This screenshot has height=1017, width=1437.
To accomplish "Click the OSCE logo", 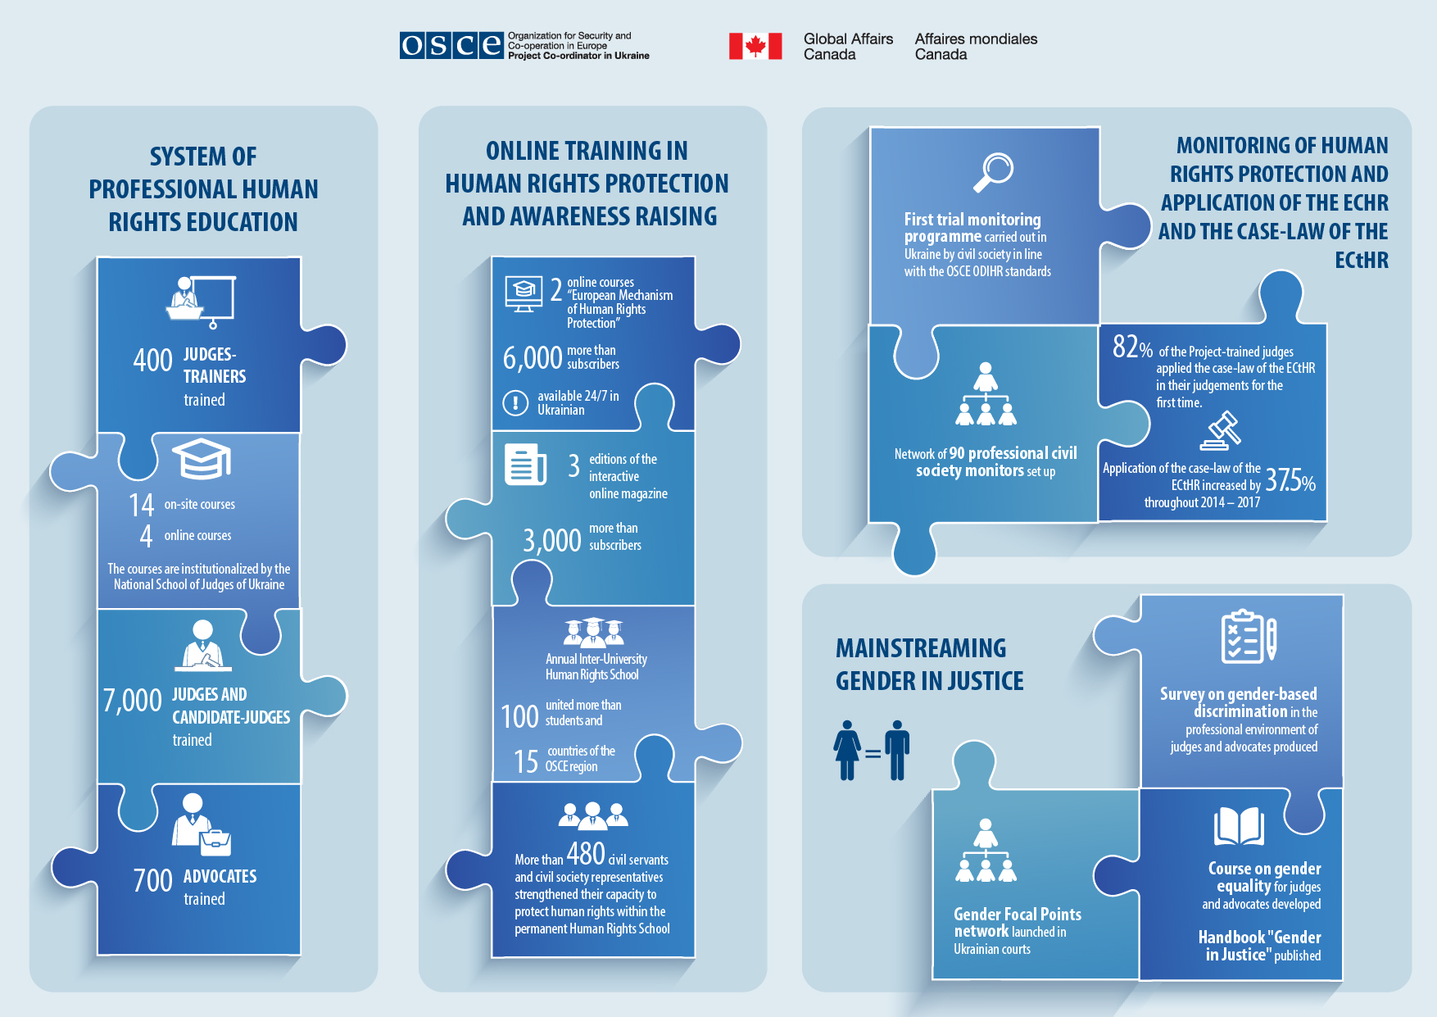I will coord(451,45).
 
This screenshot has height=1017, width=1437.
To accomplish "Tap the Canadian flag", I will coord(755,46).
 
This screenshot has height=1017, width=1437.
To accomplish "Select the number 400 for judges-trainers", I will coord(152,361).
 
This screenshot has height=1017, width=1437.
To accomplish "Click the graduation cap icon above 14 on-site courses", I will coord(201,459).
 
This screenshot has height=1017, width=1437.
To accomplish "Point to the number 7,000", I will coord(133,701).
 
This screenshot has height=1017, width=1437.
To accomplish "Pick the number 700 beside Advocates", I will coord(153,881).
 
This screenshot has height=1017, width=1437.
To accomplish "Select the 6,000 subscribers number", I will coord(533,358).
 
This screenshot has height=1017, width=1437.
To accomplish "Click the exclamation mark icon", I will coord(515,402).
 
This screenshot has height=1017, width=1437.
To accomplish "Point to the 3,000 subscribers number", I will coord(552,541).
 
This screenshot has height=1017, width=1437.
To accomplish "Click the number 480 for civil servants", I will coord(586,854).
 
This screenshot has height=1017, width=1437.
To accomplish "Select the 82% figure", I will coord(1132,347).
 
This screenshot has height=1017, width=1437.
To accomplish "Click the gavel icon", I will coord(1221,430).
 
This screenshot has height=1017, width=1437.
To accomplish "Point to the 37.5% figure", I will coord(1290,479).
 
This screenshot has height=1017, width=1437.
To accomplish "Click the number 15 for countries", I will coord(526,761).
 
